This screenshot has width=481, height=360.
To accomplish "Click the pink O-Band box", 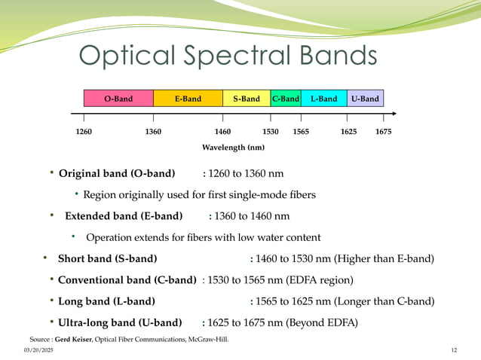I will coord(118,99).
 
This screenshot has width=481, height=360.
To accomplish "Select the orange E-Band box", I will coord(188,99).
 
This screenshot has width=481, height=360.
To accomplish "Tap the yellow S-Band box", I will coord(247,99).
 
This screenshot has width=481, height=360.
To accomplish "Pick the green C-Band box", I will coord(286,99).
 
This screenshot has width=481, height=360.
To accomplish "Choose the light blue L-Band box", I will coord(323,99).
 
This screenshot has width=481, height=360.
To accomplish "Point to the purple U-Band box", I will coord(365,99).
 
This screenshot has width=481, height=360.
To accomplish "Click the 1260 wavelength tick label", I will coord(85,131).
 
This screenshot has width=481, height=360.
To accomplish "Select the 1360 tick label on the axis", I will coord(153,131).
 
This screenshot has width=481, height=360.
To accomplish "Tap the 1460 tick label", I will coord(223,131).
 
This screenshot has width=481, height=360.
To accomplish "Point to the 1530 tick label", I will coord(271,131).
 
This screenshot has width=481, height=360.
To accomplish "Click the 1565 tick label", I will coord(301,131).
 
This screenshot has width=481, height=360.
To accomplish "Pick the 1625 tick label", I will coord(349,131).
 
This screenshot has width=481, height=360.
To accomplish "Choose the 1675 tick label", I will coord(383,131).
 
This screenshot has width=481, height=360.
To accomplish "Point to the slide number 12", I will coord(454,351).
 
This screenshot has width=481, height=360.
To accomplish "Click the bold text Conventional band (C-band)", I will coord(127,280).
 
